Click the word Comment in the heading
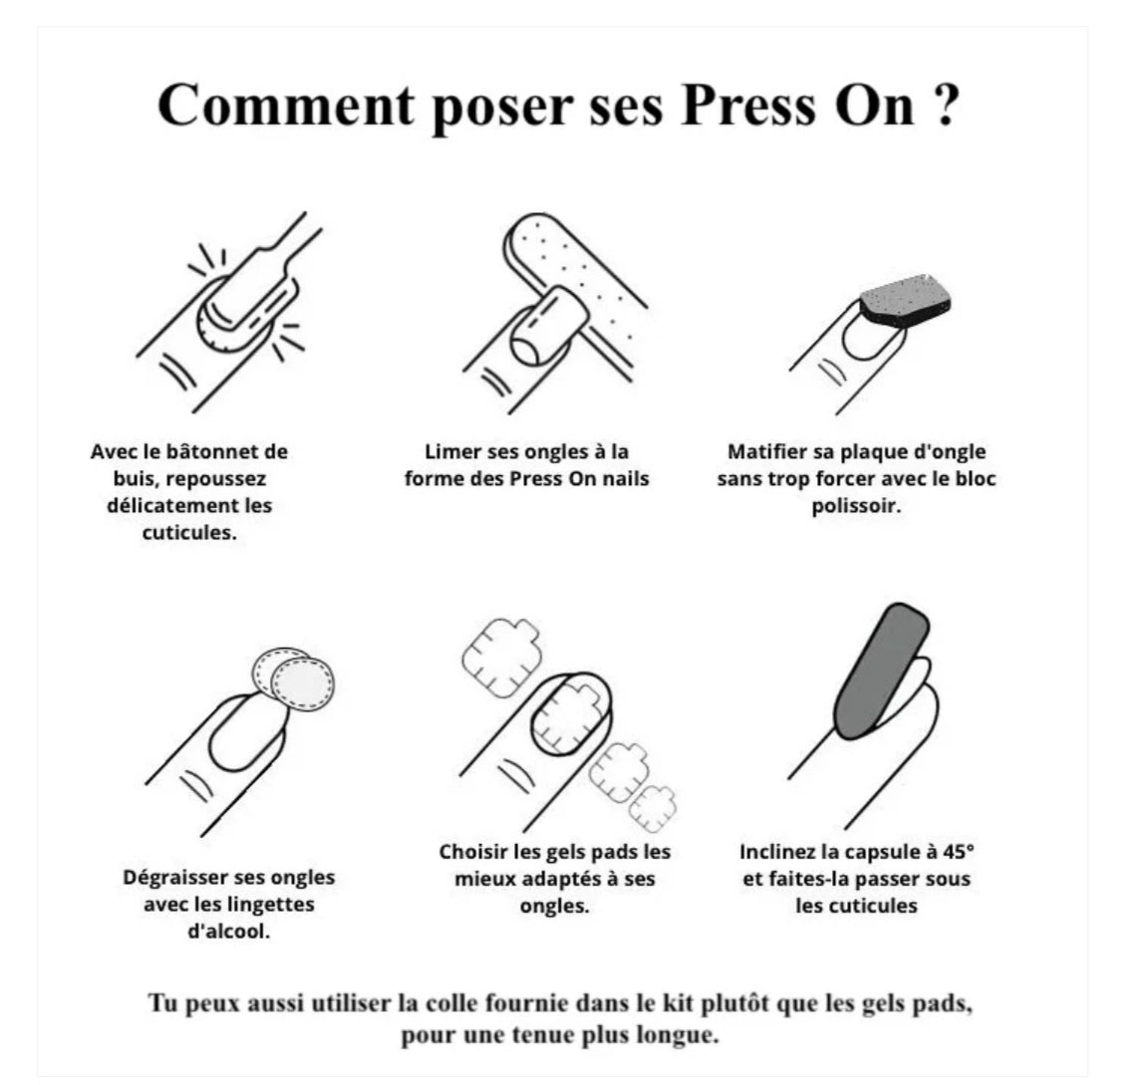(x=286, y=106)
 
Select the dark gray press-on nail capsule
(x=882, y=671)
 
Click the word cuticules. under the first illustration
(x=189, y=533)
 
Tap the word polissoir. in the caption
(x=856, y=506)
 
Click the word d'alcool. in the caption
(x=229, y=932)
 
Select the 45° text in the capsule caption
(x=959, y=852)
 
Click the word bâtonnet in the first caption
(x=212, y=452)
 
